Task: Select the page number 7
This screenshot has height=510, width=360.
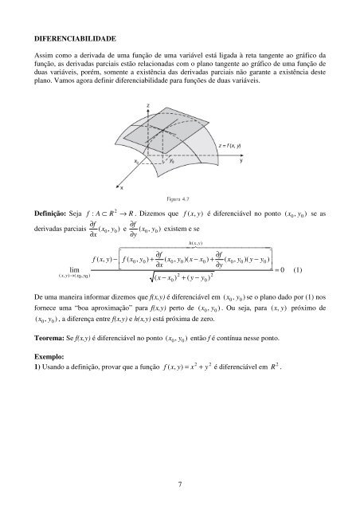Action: click(x=181, y=481)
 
